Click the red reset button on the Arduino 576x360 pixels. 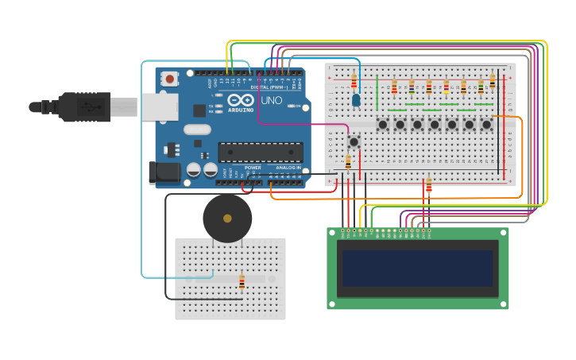169,78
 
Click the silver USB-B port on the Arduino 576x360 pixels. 159,106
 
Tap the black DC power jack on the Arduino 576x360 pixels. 163,172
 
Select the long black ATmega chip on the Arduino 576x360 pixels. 261,152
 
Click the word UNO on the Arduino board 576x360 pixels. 272,101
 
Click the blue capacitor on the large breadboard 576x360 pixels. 356,100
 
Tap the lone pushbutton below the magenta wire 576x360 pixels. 354,141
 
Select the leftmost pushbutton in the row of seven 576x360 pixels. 383,124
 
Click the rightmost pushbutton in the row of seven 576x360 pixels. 486,124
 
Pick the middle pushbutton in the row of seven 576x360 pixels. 435,124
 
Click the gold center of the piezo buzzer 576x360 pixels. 227,219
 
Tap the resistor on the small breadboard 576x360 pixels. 242,282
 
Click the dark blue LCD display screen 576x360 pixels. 417,269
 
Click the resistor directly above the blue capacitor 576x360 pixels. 354,80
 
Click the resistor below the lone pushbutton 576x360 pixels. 348,163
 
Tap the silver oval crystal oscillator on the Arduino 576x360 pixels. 197,129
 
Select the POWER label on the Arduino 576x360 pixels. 253,168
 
